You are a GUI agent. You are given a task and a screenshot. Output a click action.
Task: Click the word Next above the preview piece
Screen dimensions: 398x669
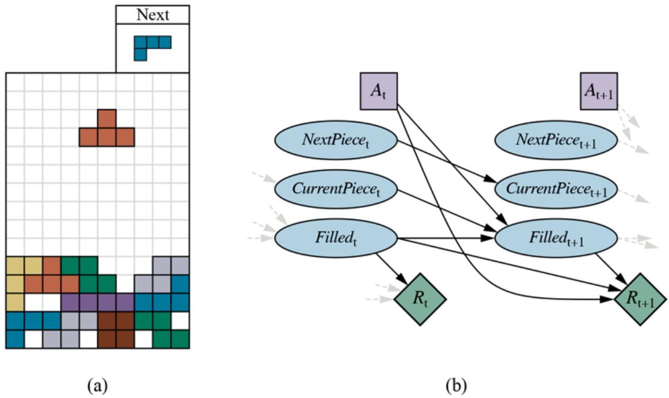152,15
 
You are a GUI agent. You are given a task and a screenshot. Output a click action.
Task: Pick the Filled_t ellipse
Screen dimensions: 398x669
336,238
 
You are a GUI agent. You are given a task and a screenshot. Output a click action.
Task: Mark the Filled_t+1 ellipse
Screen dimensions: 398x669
556,238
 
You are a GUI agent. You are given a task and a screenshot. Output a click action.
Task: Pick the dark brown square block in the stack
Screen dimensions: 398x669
116,330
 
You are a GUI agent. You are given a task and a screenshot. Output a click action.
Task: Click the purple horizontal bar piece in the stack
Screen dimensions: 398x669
98,303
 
